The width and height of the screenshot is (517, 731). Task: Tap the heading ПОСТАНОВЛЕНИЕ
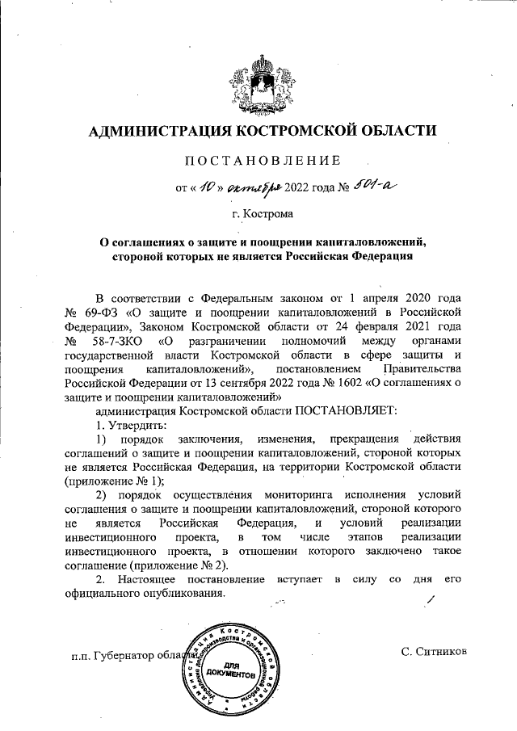[x=258, y=162]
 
